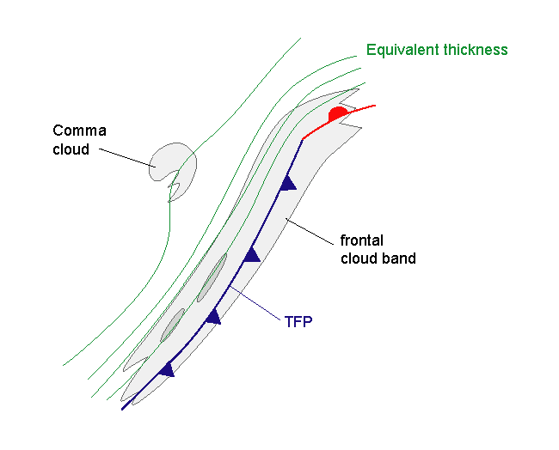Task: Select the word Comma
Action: (80, 131)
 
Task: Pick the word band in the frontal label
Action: (399, 258)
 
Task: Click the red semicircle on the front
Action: (339, 112)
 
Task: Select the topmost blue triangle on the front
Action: (289, 182)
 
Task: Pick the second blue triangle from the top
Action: (251, 254)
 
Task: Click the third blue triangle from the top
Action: (212, 316)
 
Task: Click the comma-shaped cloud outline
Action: (173, 162)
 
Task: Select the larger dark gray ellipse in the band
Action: (212, 277)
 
